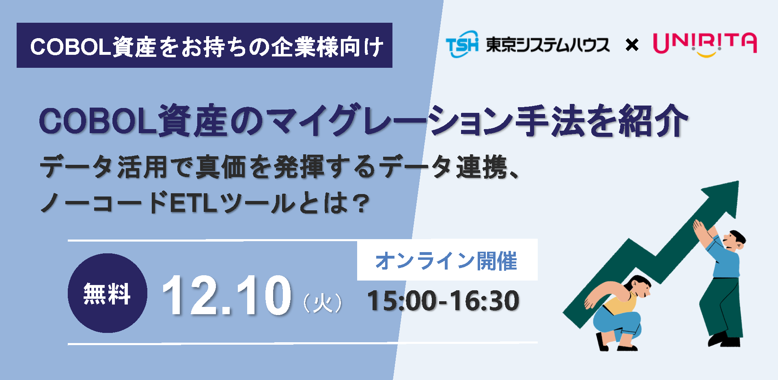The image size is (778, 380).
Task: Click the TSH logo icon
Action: pos(462,44)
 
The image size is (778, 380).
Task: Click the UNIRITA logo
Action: pos(705,44)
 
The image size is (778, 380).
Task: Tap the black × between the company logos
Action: pos(632,44)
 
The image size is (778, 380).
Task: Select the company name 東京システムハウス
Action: pos(547,44)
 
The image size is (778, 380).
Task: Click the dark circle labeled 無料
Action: pos(107,293)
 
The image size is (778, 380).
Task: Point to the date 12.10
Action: pos(226,295)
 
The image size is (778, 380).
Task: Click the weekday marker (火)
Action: pos(323,303)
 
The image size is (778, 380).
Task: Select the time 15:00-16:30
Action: pos(443,301)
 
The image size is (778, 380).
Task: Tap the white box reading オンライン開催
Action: pos(447,260)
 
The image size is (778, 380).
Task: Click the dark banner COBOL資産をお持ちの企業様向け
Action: pos(205,45)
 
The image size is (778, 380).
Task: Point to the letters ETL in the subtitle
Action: pos(193,203)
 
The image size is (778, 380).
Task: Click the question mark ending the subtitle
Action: pos(361,203)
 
